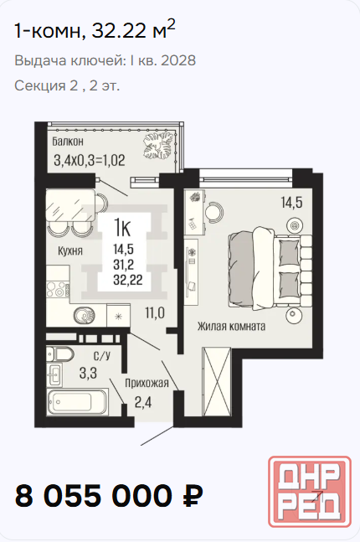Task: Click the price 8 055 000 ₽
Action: [x=109, y=496]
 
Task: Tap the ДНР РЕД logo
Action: [x=310, y=492]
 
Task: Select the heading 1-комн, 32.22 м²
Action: [x=95, y=30]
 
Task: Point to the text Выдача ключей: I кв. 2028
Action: [x=105, y=60]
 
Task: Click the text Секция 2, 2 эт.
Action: [x=67, y=85]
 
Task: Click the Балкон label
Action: [x=68, y=142]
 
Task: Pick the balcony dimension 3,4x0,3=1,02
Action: [x=90, y=160]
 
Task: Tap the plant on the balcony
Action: [x=158, y=147]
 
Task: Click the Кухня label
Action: [x=70, y=250]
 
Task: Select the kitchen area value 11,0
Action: [x=155, y=313]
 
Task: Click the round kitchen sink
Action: [x=84, y=316]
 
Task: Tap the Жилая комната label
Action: [x=231, y=326]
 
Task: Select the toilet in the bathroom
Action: [x=60, y=354]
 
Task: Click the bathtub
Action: [x=77, y=401]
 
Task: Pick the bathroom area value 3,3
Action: [x=88, y=374]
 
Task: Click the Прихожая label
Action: [x=147, y=383]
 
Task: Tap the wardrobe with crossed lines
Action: [x=216, y=381]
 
